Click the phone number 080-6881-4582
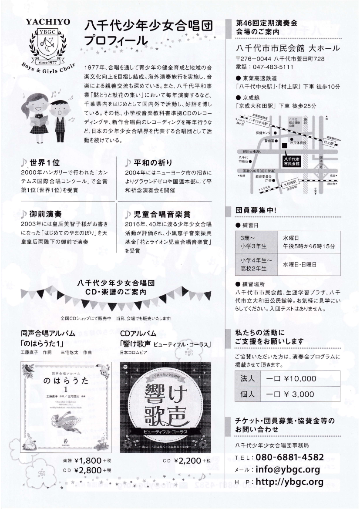tap(289, 457)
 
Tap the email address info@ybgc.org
tap(288, 469)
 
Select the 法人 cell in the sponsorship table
tap(247, 378)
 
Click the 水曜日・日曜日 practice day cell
tap(300, 264)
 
